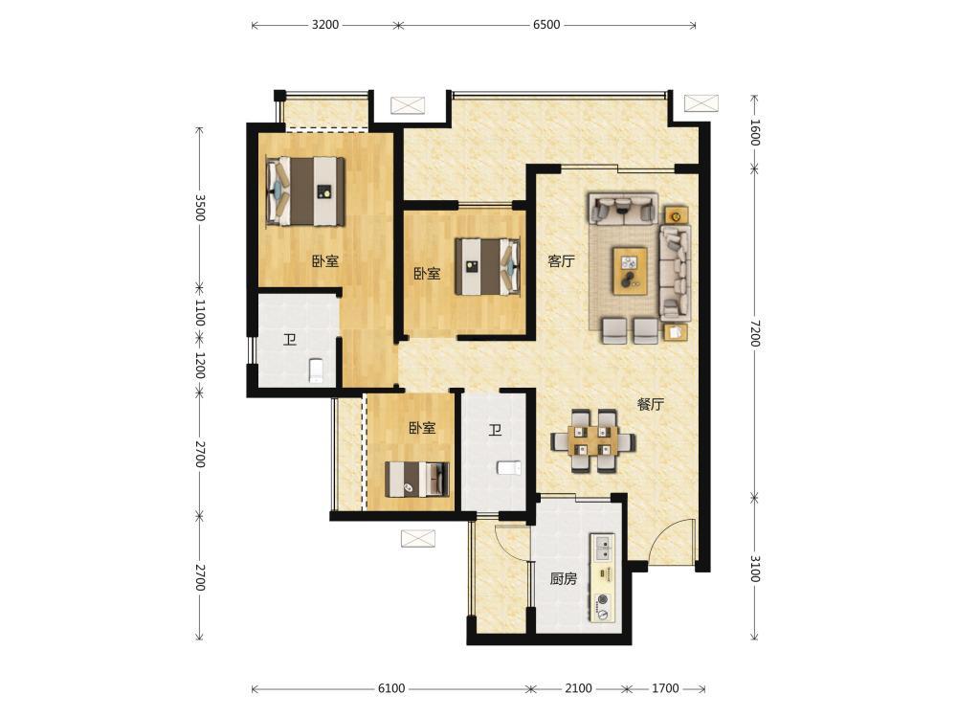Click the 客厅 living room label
(x=561, y=261)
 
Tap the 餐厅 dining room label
(x=651, y=404)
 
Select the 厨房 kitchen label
(x=563, y=578)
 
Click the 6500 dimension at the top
(x=546, y=25)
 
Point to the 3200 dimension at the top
(x=324, y=25)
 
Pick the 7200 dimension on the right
(x=755, y=333)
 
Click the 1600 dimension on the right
(x=755, y=132)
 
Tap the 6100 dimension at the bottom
(x=390, y=688)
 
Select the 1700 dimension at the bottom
(x=665, y=688)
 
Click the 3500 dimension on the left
(x=200, y=208)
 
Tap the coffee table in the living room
(x=631, y=271)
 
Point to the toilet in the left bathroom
(x=316, y=370)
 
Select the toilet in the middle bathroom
(x=508, y=468)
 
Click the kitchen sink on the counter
(x=602, y=547)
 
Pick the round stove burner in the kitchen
(x=604, y=599)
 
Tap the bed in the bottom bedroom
(x=417, y=480)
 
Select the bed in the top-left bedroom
(x=306, y=191)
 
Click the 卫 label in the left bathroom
(x=289, y=340)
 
